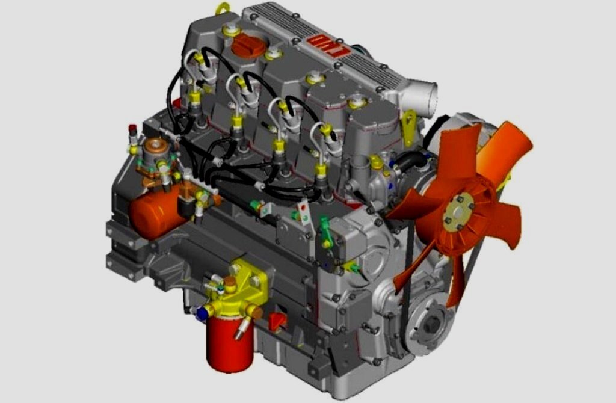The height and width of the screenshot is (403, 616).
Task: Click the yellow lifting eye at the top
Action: [x=223, y=8]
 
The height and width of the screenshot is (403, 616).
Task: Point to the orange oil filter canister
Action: [x=155, y=214]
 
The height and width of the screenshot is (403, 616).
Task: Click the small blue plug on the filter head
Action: [x=202, y=313]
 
